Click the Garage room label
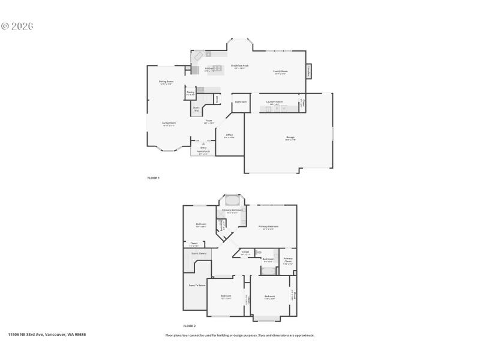pos(290,137)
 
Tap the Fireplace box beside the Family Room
pos(309,71)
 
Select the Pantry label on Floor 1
pos(190,93)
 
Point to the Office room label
pos(229,135)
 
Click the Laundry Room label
pos(275,102)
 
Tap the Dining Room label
pos(166,82)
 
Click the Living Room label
pos(169,123)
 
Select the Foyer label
pos(209,121)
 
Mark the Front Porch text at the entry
pos(204,152)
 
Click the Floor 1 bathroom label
pos(241,102)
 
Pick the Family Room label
pos(280,71)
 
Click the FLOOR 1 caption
pos(154,178)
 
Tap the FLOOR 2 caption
pos(190,325)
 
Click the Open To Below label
pos(197,286)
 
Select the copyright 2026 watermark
pos(17,26)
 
